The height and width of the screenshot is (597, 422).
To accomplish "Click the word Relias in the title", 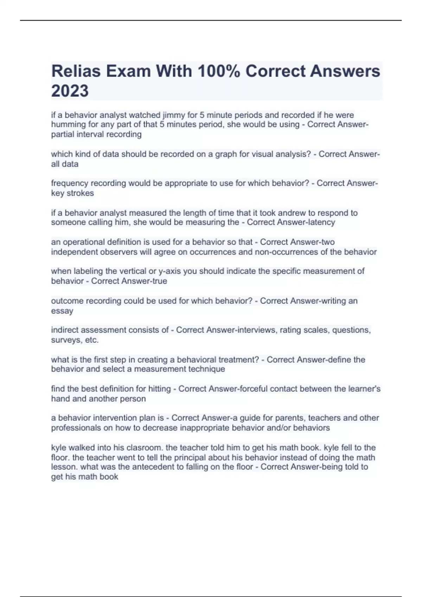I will pyautogui.click(x=76, y=71).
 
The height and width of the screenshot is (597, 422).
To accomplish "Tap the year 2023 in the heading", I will pyautogui.click(x=70, y=91).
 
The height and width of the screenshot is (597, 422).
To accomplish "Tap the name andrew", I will pyautogui.click(x=314, y=213).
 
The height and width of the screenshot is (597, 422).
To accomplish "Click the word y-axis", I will pyautogui.click(x=169, y=271).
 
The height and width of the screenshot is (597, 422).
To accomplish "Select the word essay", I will pyautogui.click(x=62, y=311).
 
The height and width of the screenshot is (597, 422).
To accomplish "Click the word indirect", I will pyautogui.click(x=64, y=330).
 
